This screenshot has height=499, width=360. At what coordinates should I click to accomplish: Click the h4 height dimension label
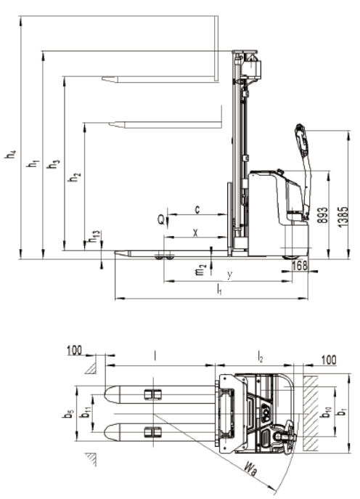coord(10,154)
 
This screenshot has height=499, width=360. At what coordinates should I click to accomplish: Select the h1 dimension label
coord(33,163)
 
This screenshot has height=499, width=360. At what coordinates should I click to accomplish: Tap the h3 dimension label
coord(53,163)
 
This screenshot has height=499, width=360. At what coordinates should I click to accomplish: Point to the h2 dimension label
coord(75,177)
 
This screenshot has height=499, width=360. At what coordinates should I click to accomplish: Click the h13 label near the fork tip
coord(94,236)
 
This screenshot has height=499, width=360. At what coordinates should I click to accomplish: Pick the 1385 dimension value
coord(343,217)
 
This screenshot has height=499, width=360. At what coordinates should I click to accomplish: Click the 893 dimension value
coord(322,215)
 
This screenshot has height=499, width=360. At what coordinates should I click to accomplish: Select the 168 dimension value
coord(300,265)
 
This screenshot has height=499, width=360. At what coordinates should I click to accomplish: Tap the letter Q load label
coord(162,219)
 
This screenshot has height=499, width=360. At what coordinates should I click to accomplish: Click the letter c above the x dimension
coord(197,209)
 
